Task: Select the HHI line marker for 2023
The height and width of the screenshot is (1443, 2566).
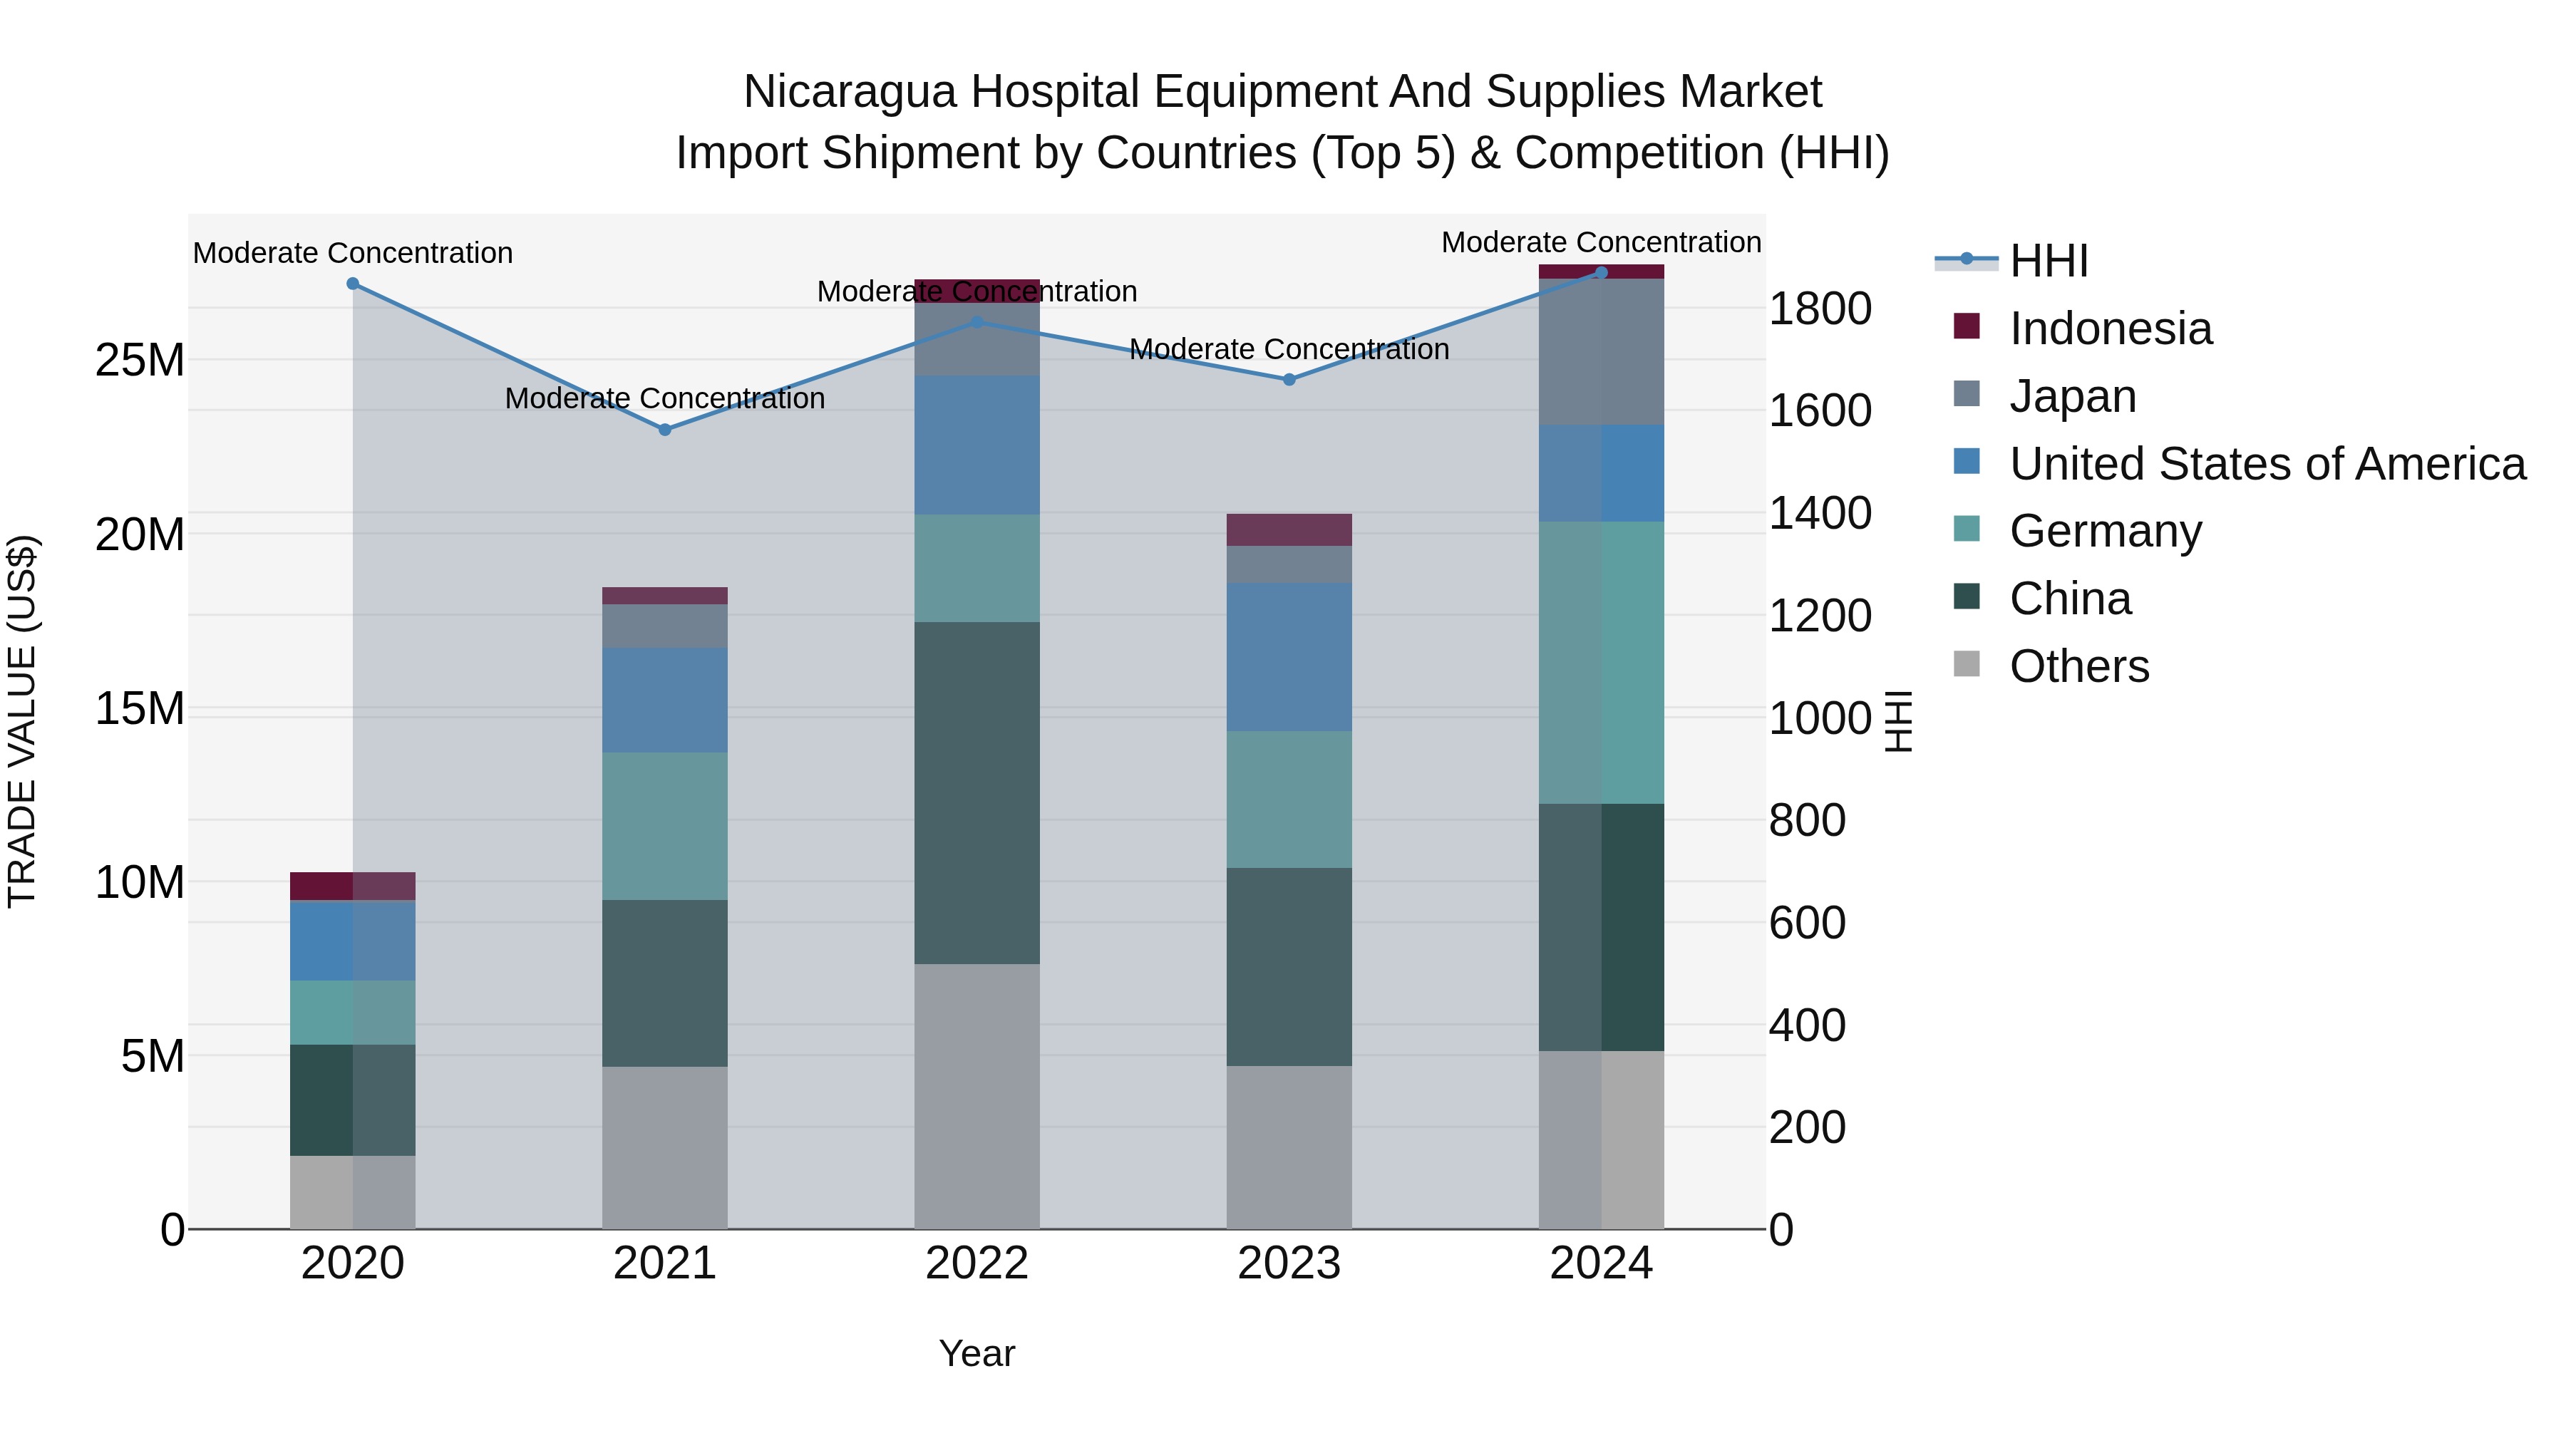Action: coord(1289,379)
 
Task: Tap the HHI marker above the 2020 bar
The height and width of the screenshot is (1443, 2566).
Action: coord(353,284)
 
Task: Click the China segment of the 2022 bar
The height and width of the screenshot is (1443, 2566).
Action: coord(977,792)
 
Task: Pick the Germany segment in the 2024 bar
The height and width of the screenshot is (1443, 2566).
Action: coord(1601,662)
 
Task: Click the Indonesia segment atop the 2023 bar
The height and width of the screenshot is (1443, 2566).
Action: coord(1289,529)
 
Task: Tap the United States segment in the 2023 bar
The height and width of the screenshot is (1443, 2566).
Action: coord(1289,657)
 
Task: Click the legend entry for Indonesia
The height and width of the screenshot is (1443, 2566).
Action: coord(2110,329)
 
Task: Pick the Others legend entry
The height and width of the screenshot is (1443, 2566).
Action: coord(2079,666)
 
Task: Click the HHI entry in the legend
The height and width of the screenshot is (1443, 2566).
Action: coord(2048,261)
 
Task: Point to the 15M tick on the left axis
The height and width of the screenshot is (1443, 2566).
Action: coord(140,709)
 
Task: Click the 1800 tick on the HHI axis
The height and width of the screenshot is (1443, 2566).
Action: coord(1820,309)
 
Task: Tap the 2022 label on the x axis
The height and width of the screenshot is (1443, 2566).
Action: coord(977,1263)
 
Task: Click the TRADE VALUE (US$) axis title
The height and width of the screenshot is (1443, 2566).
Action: coord(22,721)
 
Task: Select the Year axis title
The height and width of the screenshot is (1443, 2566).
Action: coord(977,1353)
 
